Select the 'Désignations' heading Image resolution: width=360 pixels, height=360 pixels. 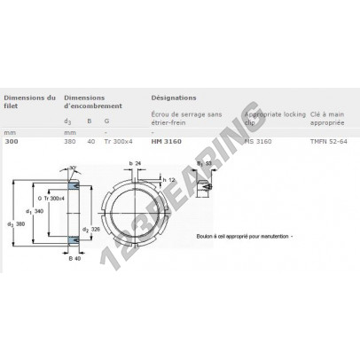click(x=173, y=98)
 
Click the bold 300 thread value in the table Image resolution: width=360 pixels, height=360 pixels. click(x=10, y=143)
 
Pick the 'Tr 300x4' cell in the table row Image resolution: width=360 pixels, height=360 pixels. click(x=117, y=143)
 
